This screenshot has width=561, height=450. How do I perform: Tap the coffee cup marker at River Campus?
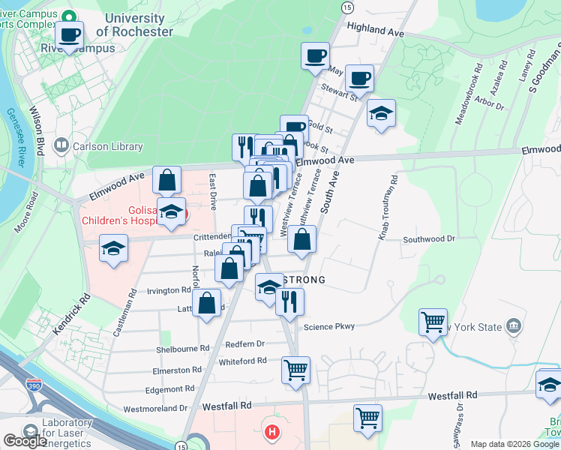point(70,34)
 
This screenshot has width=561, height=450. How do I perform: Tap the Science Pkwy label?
point(328,326)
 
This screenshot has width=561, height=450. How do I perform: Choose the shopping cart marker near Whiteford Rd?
point(296,369)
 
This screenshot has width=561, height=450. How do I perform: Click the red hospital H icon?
point(273,432)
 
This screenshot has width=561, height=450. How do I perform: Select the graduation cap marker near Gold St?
point(381,113)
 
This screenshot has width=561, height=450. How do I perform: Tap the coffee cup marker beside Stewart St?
point(359,77)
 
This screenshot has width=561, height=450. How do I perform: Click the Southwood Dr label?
point(429,238)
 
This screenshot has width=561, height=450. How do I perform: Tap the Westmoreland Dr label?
point(154,409)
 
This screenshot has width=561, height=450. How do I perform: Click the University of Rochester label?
point(139,25)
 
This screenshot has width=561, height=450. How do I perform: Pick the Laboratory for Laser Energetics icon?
point(30,432)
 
